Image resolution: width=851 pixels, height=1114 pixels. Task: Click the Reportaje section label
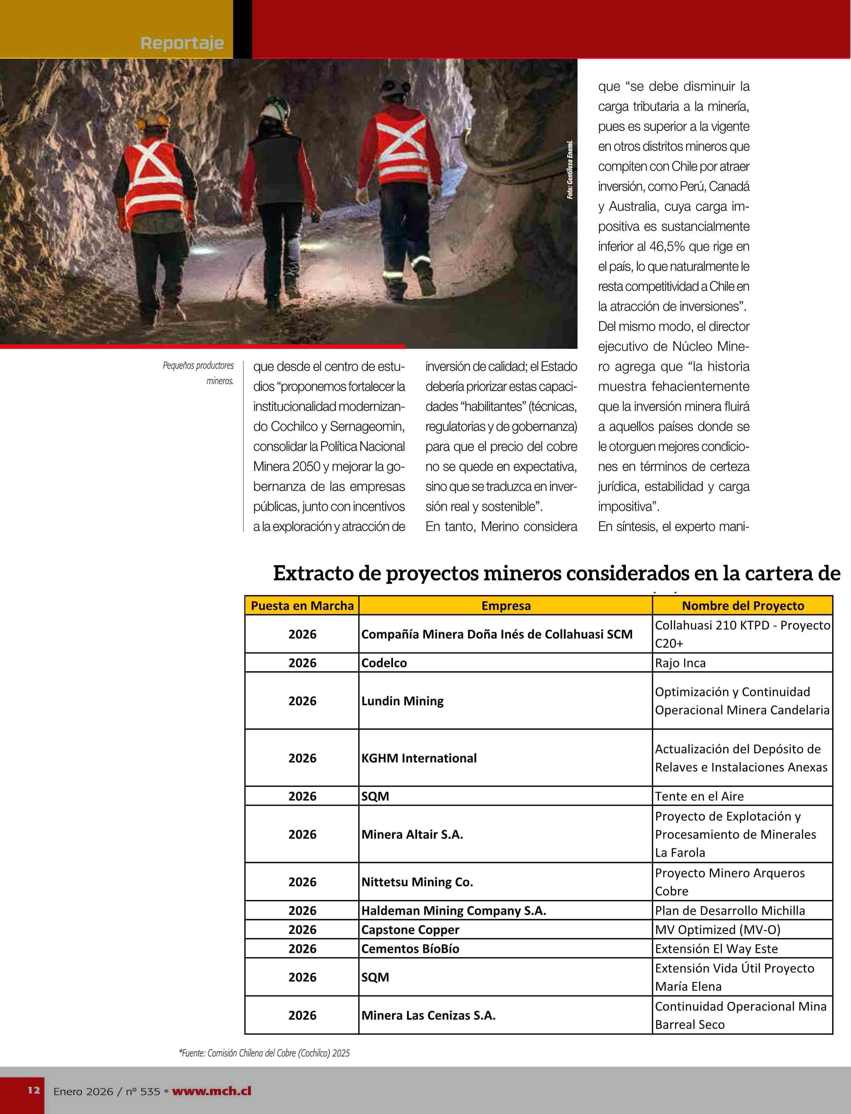182,43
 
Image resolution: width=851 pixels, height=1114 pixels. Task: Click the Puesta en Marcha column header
302,606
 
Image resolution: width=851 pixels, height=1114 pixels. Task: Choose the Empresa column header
505,606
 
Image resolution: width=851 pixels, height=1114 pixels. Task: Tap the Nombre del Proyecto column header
743,606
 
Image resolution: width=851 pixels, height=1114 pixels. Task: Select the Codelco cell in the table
384,663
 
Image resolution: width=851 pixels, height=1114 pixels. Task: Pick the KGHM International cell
419,758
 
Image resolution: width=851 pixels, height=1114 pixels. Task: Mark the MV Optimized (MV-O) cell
717,930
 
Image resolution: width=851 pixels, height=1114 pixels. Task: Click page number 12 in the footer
33,1090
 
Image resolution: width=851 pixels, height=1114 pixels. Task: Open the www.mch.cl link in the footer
211,1091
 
